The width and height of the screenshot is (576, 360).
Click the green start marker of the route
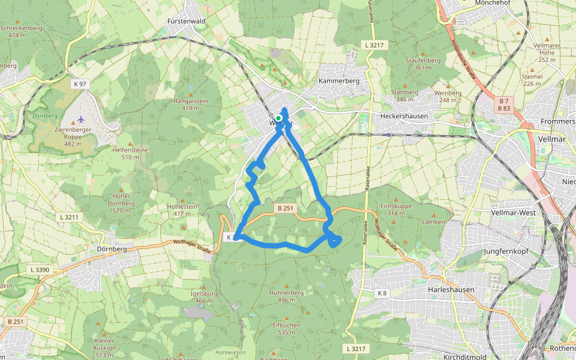(x=278, y=118)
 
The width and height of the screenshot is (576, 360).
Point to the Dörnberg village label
(x=111, y=248)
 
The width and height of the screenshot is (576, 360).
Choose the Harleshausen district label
(x=451, y=289)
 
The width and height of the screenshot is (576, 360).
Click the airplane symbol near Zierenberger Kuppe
(x=81, y=118)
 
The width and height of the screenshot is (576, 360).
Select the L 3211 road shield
(x=70, y=216)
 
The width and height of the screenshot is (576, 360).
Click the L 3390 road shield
(x=40, y=270)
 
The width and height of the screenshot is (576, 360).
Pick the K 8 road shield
(x=382, y=293)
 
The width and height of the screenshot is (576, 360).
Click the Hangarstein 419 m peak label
(x=190, y=104)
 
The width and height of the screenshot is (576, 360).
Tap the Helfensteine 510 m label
(x=134, y=153)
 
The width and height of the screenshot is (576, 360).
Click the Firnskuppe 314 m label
(x=396, y=209)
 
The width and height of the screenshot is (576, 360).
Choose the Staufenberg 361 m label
(x=423, y=64)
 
